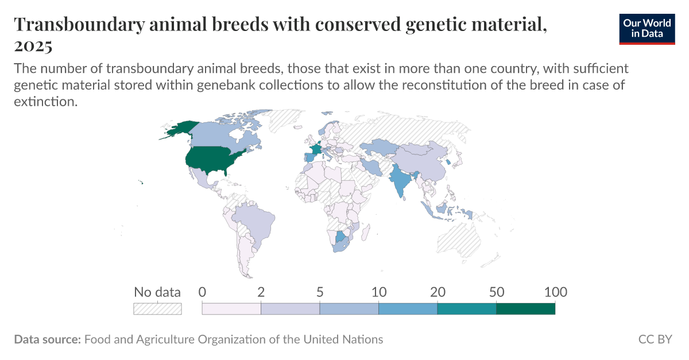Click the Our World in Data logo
647,27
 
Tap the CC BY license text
655,339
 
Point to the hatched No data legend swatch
157,309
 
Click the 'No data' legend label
157,292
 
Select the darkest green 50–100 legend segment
525,309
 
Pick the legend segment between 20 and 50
466,309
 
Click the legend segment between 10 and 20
408,309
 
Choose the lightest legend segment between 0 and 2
231,309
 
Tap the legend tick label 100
555,292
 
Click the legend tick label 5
320,292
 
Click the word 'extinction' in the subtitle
44,102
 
